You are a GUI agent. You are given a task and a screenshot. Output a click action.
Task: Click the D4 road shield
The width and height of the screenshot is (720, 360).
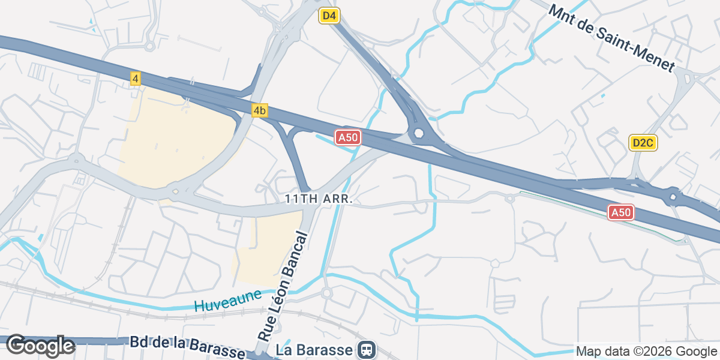[x=329, y=16]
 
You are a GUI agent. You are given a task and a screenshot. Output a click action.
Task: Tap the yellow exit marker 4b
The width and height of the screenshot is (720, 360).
[x=259, y=110]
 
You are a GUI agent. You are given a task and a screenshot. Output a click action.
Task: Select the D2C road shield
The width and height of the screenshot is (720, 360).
[x=643, y=143]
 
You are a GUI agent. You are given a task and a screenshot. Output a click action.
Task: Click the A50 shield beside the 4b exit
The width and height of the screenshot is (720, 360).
[x=347, y=137]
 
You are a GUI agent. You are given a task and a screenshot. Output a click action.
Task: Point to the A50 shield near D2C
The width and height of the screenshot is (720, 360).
[x=621, y=212]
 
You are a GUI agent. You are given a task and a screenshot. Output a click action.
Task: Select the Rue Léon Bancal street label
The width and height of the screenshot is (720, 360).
[x=283, y=287]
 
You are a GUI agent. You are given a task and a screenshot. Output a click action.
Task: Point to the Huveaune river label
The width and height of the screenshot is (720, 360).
[x=228, y=300]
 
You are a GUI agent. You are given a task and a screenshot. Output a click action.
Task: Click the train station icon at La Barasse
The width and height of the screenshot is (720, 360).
[x=366, y=349]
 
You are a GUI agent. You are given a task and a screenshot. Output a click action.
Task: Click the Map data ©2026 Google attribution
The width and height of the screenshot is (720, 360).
[x=647, y=351]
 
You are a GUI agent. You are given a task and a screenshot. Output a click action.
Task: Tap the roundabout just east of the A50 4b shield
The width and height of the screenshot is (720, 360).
[x=418, y=133]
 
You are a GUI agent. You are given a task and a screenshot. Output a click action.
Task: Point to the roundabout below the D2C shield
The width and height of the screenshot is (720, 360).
[x=673, y=196]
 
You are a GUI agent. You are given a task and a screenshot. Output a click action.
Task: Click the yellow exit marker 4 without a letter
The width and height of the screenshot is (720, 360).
[x=136, y=79]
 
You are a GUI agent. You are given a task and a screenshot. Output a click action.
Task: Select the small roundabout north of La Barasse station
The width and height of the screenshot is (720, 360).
[x=326, y=293]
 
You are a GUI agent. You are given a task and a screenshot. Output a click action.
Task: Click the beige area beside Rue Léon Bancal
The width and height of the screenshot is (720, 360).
[x=267, y=249]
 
